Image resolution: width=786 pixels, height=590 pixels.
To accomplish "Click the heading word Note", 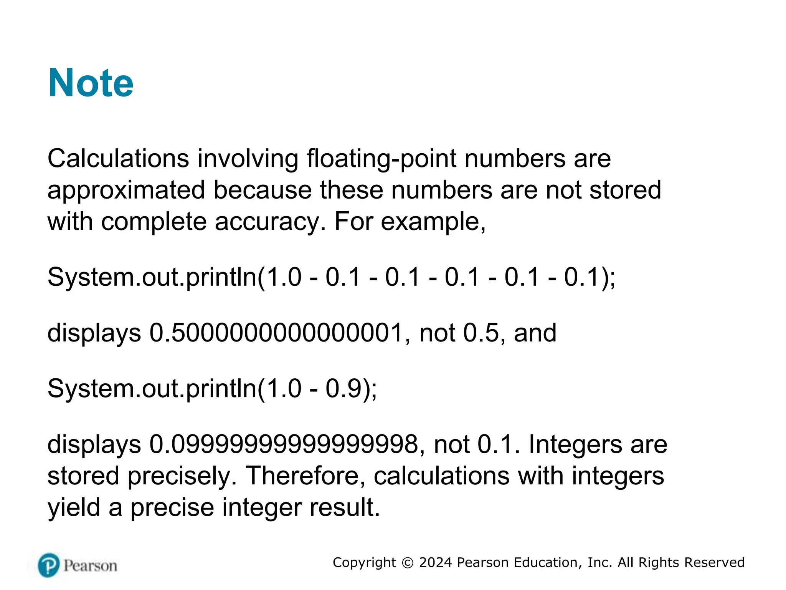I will (x=91, y=83).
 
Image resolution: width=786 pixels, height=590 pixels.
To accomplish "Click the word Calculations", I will (x=118, y=158).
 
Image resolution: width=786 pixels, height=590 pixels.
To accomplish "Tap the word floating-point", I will (x=381, y=159).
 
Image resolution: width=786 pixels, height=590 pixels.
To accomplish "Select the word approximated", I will (x=126, y=191).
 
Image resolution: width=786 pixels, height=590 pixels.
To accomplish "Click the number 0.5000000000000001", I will (x=276, y=333).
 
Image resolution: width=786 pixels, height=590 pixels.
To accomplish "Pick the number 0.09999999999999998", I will (x=283, y=444).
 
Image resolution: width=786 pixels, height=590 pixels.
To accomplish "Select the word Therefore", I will (x=305, y=476).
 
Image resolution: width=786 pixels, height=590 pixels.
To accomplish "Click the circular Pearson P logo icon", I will (x=49, y=565).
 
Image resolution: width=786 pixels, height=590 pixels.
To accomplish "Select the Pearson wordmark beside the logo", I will (x=90, y=566).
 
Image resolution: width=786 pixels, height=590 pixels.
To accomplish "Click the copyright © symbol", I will (x=407, y=563).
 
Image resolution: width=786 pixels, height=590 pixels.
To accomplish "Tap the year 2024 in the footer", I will (x=435, y=563).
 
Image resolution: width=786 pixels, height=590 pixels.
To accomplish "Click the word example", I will (x=433, y=222).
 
